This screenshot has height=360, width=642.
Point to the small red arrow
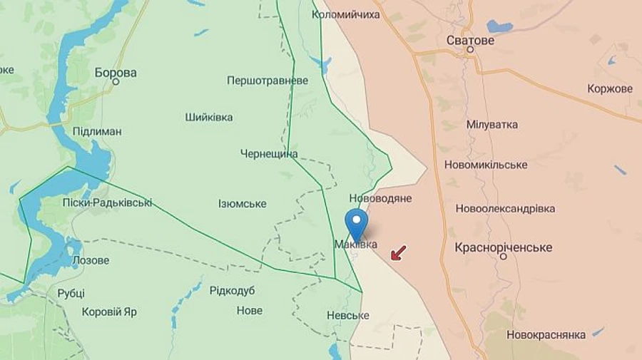tap(399, 252)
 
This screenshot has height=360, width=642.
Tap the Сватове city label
tap(470, 40)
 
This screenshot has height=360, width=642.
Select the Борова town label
tap(116, 73)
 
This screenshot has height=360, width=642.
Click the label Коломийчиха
tap(346, 14)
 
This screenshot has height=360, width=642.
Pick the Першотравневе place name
tap(267, 81)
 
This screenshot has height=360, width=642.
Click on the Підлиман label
tap(97, 131)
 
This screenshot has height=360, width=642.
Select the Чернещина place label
tap(269, 154)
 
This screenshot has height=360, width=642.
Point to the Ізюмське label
tap(243, 204)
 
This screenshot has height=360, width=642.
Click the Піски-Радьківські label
tap(106, 202)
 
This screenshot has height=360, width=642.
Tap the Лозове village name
tap(91, 260)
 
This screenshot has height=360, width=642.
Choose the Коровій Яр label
tap(110, 312)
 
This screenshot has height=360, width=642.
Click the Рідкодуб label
tap(232, 290)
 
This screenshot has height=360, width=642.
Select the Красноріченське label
tap(504, 247)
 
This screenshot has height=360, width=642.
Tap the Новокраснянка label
tap(546, 334)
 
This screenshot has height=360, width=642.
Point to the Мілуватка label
tap(491, 124)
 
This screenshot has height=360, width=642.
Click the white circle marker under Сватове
tap(470, 51)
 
